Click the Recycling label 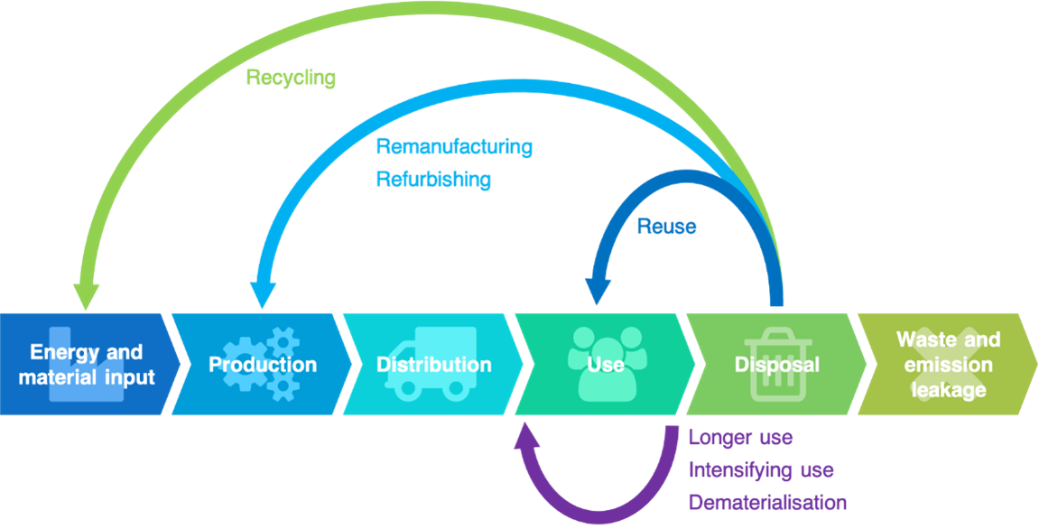[x=290, y=78]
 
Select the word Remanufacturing [x=453, y=146]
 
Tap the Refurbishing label [x=433, y=179]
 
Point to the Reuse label [x=666, y=227]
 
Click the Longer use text [x=740, y=439]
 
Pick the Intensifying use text [x=760, y=470]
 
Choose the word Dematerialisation [x=767, y=503]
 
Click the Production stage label [x=263, y=365]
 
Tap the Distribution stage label [x=433, y=365]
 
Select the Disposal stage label [x=776, y=365]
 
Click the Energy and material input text [x=87, y=365]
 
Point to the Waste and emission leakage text [x=948, y=365]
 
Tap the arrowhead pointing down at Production [x=263, y=294]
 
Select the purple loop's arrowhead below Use [x=528, y=437]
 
